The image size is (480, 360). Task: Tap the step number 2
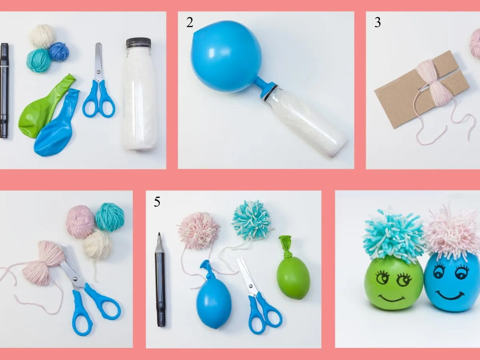190,23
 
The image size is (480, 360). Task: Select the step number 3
377,23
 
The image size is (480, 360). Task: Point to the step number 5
157,202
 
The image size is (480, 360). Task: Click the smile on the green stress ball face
391,298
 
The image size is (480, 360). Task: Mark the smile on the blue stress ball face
450,296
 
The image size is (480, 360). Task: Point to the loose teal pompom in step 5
252,220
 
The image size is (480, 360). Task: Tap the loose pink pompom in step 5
199,230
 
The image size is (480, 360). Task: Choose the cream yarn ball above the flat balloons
42,36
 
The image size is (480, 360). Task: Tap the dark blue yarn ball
59,51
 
